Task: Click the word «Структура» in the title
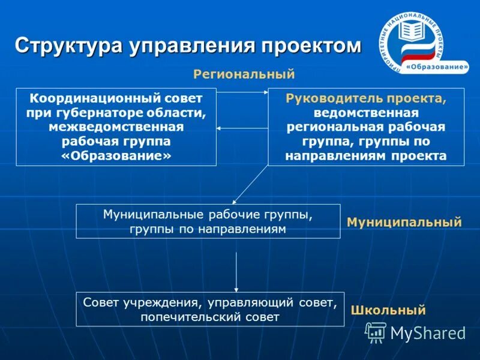[68, 46]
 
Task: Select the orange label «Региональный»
[244, 74]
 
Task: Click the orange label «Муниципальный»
[404, 223]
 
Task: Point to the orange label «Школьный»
[388, 310]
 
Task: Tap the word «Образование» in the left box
[116, 155]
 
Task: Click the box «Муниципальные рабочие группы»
[208, 221]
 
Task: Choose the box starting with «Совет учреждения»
[210, 309]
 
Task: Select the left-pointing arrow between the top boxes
[241, 128]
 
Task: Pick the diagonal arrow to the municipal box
[250, 184]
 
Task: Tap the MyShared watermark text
[428, 332]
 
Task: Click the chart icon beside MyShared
[376, 332]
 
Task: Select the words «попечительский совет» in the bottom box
[210, 317]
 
